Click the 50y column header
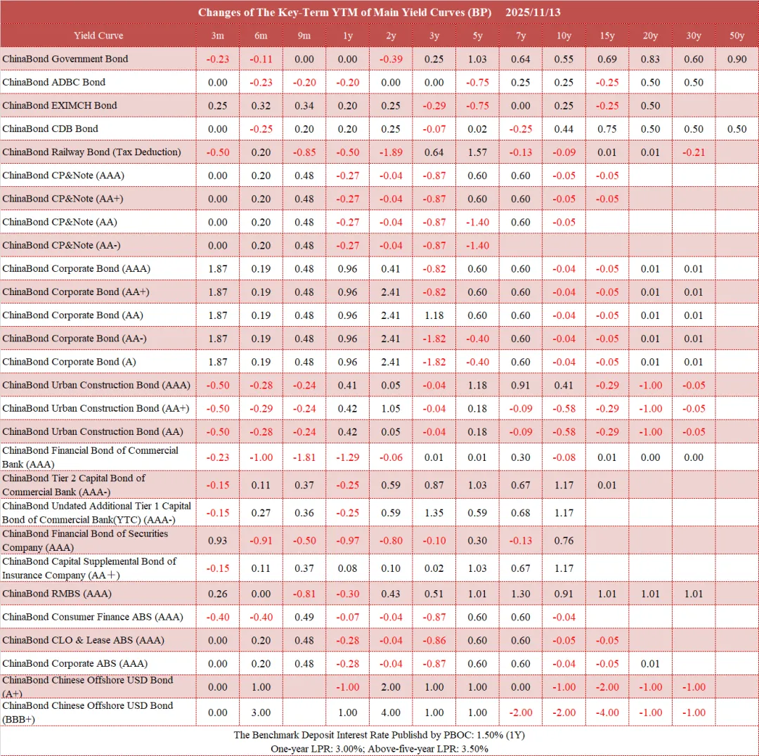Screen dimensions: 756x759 [x=737, y=36]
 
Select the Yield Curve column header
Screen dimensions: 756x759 [x=98, y=36]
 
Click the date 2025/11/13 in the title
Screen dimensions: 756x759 [x=533, y=13]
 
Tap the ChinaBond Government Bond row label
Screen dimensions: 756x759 [x=65, y=59]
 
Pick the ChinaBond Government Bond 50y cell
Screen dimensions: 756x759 [x=737, y=59]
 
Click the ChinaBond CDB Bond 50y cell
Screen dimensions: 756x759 [x=737, y=129]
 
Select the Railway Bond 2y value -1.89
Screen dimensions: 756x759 [x=391, y=152]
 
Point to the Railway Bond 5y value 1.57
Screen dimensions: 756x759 [x=477, y=152]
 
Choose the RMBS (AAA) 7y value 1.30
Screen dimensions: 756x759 [x=521, y=594]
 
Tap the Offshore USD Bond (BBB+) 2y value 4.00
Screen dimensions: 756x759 [x=391, y=712]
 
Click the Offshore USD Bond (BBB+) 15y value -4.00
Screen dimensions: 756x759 [x=607, y=712]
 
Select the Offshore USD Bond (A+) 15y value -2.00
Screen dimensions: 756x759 [x=607, y=687]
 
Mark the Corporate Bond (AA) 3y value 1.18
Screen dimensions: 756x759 [x=434, y=315]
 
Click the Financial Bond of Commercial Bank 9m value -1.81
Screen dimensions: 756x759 [x=304, y=457]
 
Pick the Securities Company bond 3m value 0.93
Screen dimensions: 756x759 [x=218, y=540]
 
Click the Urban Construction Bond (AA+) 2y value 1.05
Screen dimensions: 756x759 [x=391, y=408]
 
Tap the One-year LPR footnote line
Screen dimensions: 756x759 [x=379, y=749]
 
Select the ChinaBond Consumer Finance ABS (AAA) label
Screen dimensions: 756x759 [x=93, y=617]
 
